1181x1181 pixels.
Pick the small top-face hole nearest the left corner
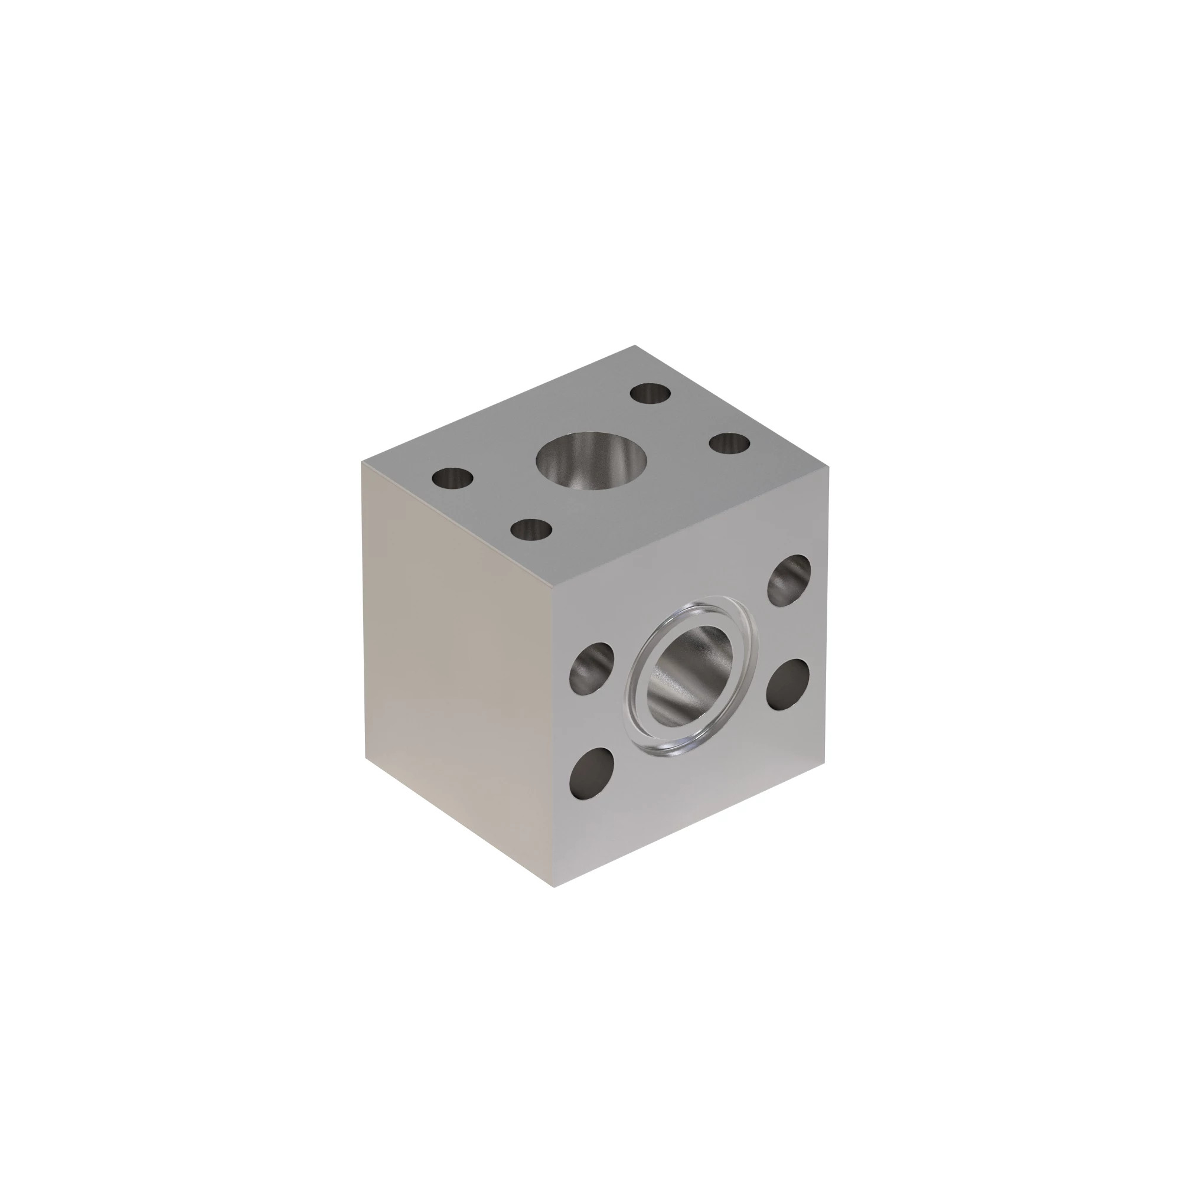(452, 478)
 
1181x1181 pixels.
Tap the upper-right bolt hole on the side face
(789, 576)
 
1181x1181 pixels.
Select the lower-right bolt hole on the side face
(788, 684)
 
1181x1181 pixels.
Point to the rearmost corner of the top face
(635, 346)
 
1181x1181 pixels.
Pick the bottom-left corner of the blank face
(366, 758)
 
